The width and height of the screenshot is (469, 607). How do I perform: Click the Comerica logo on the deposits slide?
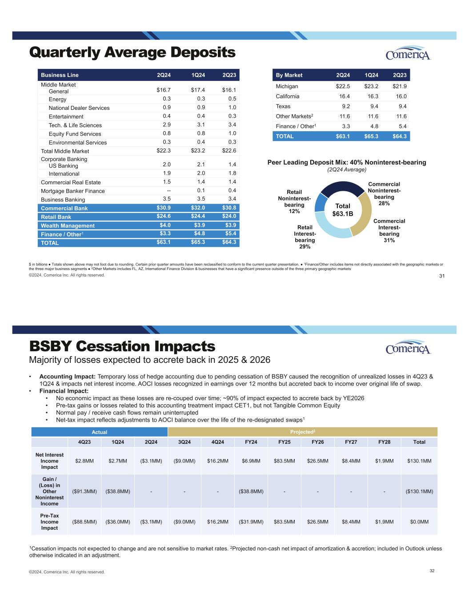[x=408, y=53]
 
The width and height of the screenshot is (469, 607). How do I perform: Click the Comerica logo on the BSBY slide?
[x=408, y=347]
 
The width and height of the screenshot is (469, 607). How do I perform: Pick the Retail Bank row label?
[x=56, y=217]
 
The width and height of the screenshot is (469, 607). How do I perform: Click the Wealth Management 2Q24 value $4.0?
[x=164, y=225]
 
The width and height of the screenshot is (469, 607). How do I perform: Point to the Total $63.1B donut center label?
[x=343, y=209]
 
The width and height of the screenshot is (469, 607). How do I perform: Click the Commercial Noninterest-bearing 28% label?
[x=384, y=193]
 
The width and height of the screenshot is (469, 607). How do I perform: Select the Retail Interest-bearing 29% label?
[x=305, y=237]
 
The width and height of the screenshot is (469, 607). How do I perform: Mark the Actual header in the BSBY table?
[x=99, y=432]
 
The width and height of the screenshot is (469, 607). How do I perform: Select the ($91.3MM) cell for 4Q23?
[x=84, y=491]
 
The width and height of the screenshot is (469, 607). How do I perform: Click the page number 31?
[x=442, y=276]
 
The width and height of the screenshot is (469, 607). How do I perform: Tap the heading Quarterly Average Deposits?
[x=132, y=52]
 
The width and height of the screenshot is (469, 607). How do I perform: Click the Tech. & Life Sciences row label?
[x=75, y=125]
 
